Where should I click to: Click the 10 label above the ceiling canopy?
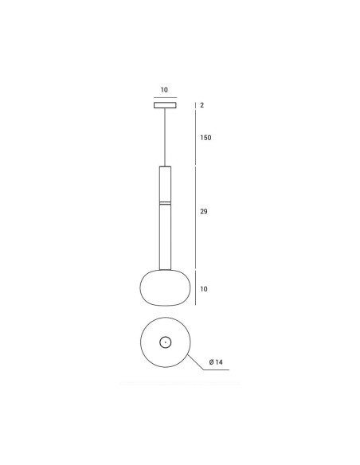(164, 89)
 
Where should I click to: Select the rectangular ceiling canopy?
(165, 105)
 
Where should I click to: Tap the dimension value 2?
(202, 105)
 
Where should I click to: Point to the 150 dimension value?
(205, 138)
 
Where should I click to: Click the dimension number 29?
(204, 212)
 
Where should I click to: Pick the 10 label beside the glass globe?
(204, 289)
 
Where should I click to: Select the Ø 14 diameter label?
(216, 362)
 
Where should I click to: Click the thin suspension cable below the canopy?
(165, 137)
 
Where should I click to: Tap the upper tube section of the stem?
(165, 184)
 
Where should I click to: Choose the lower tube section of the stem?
(165, 237)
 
